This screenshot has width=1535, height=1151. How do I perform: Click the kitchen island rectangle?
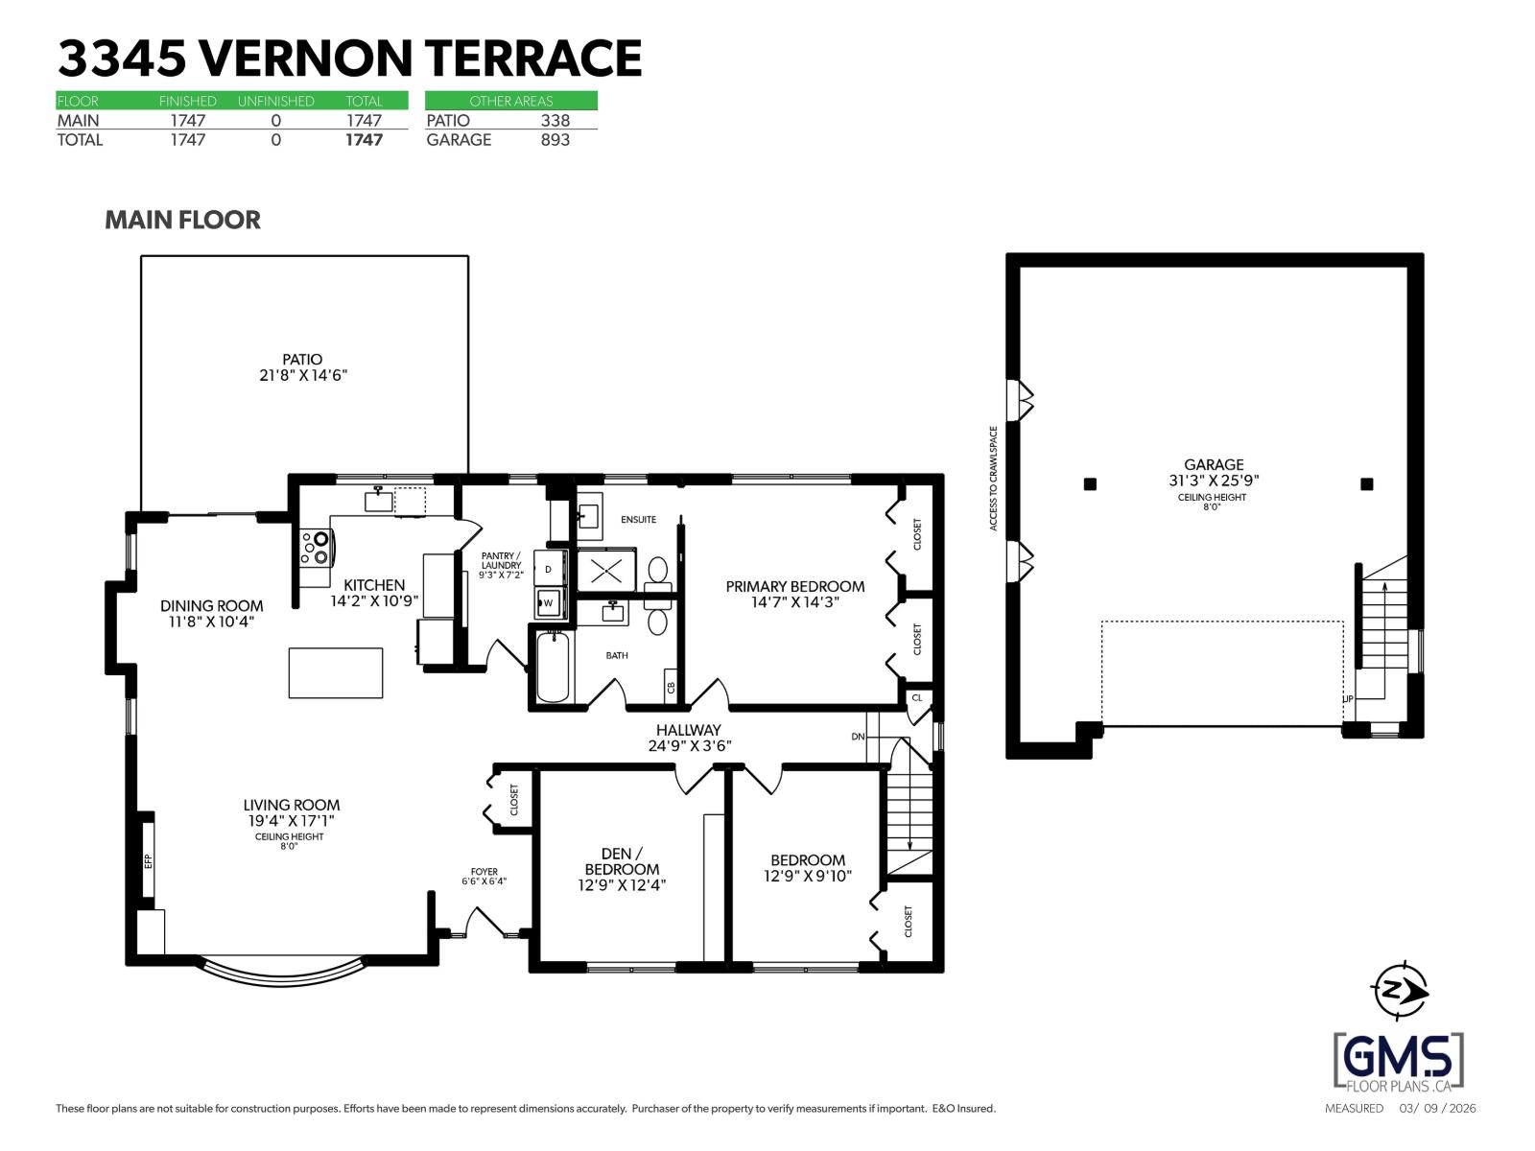[x=336, y=672]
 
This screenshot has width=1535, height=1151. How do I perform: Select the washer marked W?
[x=549, y=603]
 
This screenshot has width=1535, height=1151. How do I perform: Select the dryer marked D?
[x=549, y=569]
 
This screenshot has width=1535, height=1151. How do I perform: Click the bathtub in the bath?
[x=553, y=667]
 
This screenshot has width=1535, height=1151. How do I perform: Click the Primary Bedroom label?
[x=794, y=586]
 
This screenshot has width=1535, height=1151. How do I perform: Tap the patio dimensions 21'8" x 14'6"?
[x=302, y=376]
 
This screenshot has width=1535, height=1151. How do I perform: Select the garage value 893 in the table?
[x=555, y=140]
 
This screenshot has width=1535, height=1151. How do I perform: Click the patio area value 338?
[x=555, y=120]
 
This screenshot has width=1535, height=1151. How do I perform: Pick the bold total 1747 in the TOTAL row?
[x=364, y=140]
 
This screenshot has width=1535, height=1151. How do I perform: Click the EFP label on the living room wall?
[x=148, y=860]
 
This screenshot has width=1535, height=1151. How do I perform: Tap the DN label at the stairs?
[x=858, y=737]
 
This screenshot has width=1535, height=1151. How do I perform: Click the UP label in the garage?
[x=1348, y=699]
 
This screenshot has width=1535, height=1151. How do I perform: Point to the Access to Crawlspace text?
[x=994, y=478]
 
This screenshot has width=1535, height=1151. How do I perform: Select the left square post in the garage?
[x=1090, y=484]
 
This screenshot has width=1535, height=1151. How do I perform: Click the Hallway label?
[x=688, y=730]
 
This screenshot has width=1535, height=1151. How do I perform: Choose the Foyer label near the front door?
[x=484, y=872]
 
